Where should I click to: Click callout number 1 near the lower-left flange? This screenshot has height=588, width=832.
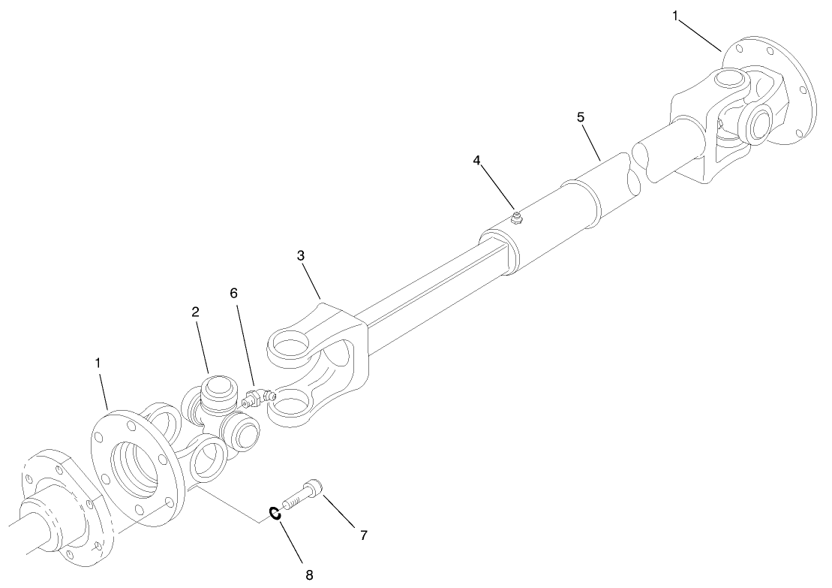pos(98,363)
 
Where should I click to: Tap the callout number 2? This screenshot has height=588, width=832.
pos(195,312)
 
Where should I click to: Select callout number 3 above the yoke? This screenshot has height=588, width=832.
pos(300,255)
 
